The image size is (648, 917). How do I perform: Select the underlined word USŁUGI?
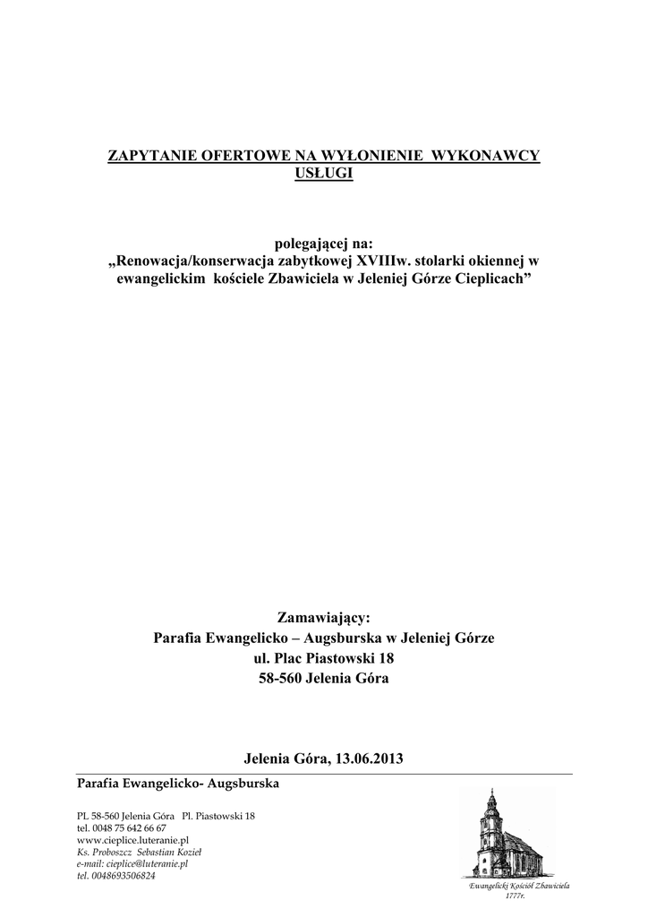tap(324, 172)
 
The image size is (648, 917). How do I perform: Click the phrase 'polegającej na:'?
tap(324, 244)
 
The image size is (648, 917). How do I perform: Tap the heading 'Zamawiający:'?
tap(324, 618)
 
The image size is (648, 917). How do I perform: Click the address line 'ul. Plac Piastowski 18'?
tap(324, 658)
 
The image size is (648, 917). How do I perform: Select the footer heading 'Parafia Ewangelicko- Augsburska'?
tap(178, 784)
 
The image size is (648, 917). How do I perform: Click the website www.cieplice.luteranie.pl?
tap(132, 841)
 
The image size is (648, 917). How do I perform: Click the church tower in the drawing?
tap(490, 819)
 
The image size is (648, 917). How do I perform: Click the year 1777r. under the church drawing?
tap(516, 895)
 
